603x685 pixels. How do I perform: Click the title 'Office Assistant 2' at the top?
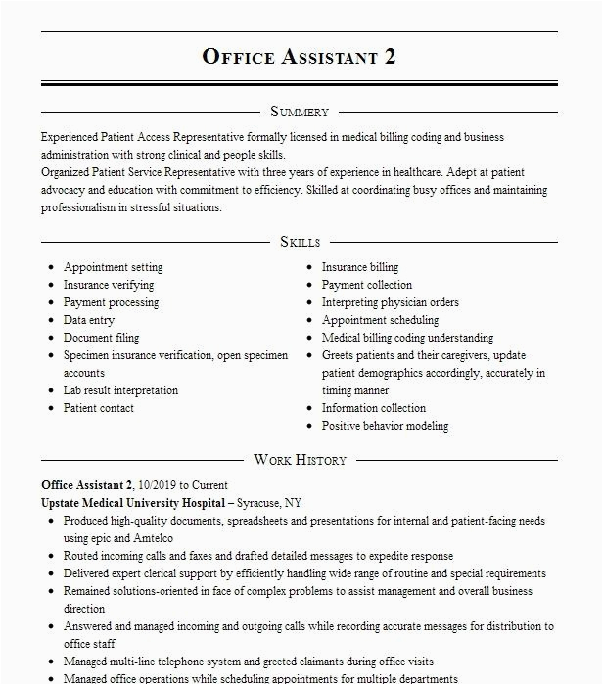300,56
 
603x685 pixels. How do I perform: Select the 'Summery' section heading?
300,112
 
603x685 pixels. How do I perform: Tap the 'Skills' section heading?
300,242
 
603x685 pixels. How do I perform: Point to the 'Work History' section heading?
300,460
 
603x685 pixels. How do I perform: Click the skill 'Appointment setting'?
114,267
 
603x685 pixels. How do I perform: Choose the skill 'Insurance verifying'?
109,285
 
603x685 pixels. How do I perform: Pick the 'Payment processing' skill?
112,302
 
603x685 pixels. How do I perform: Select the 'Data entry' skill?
89,320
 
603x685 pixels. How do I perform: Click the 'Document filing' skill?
102,338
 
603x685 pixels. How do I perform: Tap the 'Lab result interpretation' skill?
121,390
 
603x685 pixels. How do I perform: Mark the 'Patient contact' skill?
99,408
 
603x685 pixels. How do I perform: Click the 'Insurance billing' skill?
360,267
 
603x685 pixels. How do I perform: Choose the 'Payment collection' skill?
367,285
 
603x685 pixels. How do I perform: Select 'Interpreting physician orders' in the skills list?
391,302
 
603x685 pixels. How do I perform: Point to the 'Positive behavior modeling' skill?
386,426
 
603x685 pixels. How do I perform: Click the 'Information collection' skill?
374,408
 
